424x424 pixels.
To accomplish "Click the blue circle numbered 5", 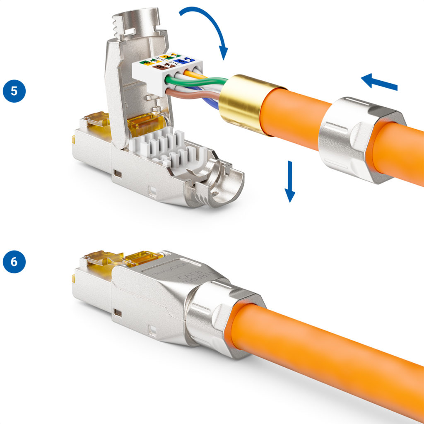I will (x=14, y=91).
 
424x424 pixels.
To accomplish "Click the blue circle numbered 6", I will (x=14, y=262).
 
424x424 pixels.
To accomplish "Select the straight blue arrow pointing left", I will (x=379, y=82).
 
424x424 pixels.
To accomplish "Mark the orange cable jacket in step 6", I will (x=331, y=356).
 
